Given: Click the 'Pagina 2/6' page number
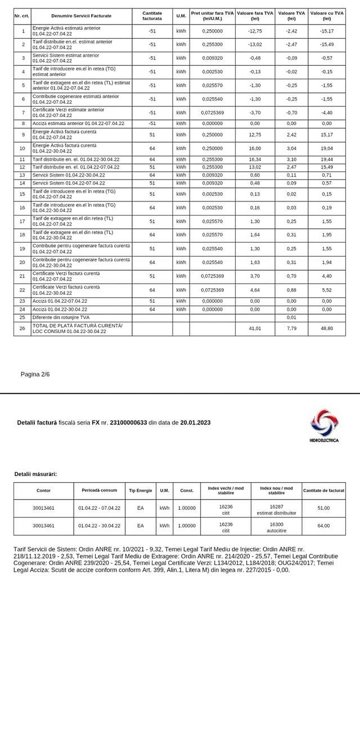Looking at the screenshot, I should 35,374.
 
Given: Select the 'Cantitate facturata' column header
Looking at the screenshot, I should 152,16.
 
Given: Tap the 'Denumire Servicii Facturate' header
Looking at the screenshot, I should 81,16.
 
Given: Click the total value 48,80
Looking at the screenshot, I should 326,328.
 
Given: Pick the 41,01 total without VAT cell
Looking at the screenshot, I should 255,328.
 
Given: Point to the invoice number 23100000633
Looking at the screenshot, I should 128,423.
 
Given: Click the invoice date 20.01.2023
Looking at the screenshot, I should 196,423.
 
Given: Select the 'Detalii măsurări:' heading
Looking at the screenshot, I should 35,474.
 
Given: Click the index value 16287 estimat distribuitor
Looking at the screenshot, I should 276,509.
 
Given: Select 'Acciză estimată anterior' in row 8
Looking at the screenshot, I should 78,123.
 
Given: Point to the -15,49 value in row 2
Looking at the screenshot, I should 326,44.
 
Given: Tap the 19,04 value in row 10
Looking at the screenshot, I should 326,149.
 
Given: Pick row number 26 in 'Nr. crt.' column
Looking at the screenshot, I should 22,328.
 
